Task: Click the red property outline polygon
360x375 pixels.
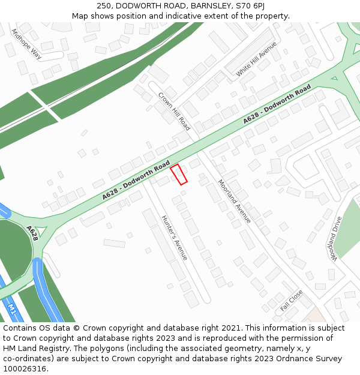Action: click(179, 174)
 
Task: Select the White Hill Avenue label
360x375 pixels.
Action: click(256, 59)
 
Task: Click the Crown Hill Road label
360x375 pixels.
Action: click(174, 111)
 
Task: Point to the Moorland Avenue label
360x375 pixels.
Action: click(234, 202)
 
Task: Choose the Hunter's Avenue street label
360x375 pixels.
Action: click(175, 238)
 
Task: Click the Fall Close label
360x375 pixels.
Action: click(292, 301)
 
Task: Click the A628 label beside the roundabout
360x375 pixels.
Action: click(32, 233)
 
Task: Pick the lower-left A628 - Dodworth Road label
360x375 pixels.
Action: click(136, 181)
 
